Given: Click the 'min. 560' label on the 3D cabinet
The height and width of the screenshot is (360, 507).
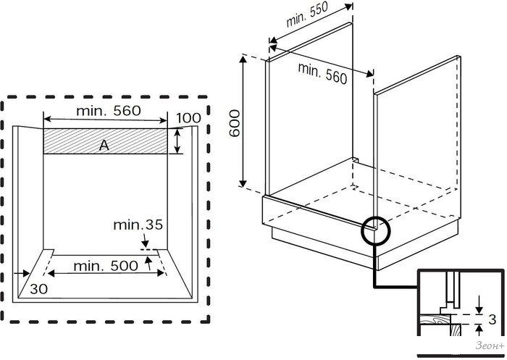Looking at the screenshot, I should (x=323, y=72).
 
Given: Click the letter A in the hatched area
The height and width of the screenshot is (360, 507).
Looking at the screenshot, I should (x=104, y=146).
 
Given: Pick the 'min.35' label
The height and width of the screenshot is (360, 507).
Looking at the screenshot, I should (x=138, y=225).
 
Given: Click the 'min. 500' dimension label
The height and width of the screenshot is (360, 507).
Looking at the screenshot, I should (x=104, y=265).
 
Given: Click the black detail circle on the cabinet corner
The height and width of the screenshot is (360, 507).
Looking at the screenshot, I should (x=376, y=230).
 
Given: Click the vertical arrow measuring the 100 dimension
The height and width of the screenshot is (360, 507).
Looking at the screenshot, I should (x=178, y=141).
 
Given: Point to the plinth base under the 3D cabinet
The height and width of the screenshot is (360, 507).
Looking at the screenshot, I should (x=319, y=238).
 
